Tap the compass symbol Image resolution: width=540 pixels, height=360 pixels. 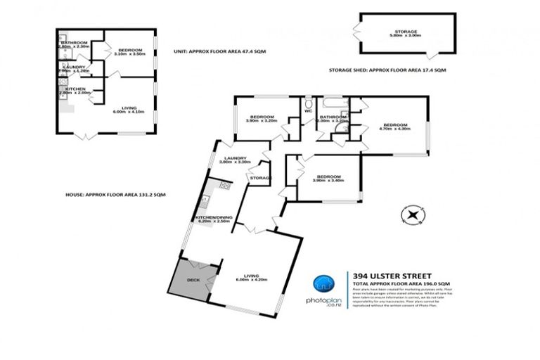(410, 214)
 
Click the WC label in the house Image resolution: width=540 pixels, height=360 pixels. (308, 111)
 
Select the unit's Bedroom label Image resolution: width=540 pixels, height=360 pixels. (130, 50)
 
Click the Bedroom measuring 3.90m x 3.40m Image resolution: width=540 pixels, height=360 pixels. (328, 176)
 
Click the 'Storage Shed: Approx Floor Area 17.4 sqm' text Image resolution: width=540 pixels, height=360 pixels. (387, 71)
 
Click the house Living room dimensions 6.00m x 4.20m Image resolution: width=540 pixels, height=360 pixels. (250, 280)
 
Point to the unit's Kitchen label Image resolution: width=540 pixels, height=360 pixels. (75, 89)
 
